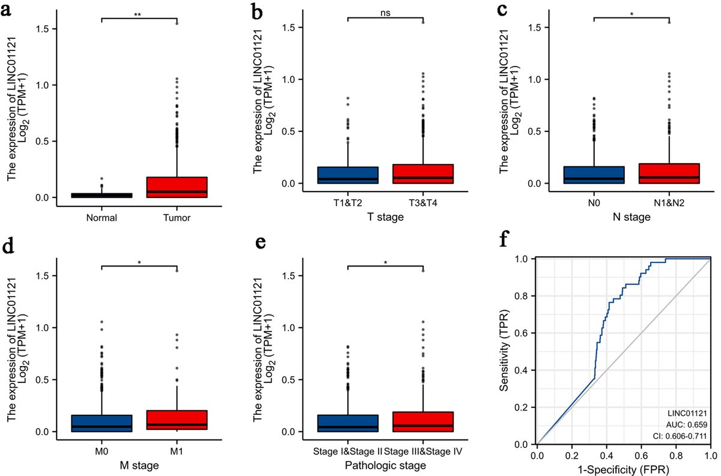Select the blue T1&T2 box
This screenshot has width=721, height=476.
coord(347,175)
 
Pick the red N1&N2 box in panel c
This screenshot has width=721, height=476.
coord(669,173)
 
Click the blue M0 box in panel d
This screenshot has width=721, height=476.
coord(102,423)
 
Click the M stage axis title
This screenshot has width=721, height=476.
coord(139,466)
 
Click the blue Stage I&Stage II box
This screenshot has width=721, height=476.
coord(347,423)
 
